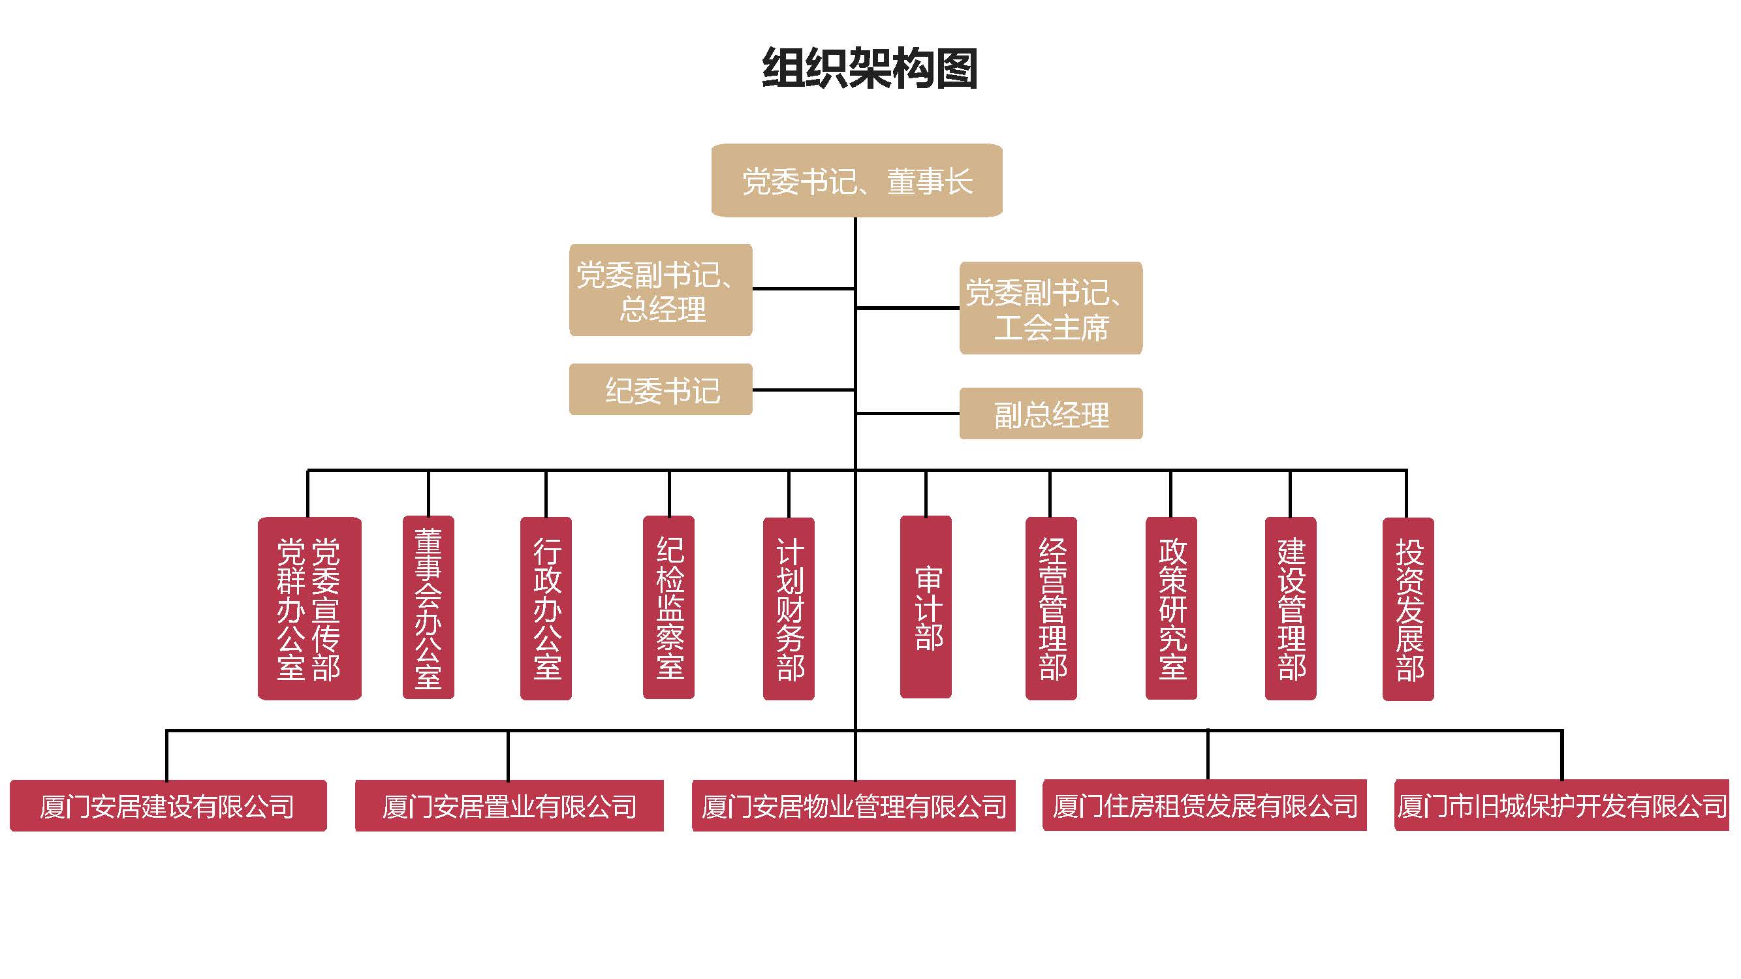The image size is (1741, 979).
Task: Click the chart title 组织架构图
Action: pyautogui.click(x=869, y=69)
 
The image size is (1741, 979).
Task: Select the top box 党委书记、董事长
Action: pyautogui.click(x=856, y=180)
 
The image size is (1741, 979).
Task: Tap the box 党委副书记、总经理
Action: pyautogui.click(x=661, y=290)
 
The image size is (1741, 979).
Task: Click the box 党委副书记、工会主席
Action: pyautogui.click(x=1050, y=308)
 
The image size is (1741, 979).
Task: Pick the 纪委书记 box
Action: pyautogui.click(x=661, y=390)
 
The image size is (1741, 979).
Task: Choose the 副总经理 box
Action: pyautogui.click(x=1050, y=414)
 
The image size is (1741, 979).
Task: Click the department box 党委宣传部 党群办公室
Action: pyautogui.click(x=309, y=608)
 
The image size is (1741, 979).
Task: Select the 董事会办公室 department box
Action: pyautogui.click(x=428, y=608)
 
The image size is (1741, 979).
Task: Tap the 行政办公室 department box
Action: pyautogui.click(x=546, y=608)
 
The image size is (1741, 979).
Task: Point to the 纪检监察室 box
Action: pyautogui.click(x=668, y=608)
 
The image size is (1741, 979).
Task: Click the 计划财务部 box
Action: pyautogui.click(x=788, y=608)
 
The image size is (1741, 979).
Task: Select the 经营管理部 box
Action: pyautogui.click(x=1050, y=608)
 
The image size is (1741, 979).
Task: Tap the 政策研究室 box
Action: pyautogui.click(x=1170, y=608)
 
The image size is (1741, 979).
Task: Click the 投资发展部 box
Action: pyautogui.click(x=1408, y=608)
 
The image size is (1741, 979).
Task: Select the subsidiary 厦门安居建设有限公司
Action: pyautogui.click(x=168, y=805)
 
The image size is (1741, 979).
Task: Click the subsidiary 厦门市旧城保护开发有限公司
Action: pyautogui.click(x=1561, y=805)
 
